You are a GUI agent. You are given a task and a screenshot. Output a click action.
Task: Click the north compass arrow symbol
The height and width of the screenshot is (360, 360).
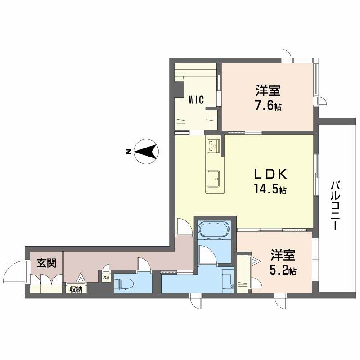(147, 152)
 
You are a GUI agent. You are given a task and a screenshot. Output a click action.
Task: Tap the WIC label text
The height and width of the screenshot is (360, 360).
(196, 100)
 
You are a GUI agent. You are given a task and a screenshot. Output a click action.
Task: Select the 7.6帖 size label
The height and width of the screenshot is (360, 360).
(269, 107)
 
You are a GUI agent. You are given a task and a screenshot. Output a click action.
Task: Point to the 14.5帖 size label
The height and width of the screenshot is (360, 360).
(269, 190)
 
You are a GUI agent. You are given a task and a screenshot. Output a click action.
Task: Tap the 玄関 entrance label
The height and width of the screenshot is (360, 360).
(44, 263)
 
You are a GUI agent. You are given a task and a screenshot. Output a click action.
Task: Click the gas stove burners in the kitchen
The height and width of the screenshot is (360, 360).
(212, 145)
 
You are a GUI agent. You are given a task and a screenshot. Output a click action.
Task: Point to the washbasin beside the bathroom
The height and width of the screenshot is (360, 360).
(227, 279)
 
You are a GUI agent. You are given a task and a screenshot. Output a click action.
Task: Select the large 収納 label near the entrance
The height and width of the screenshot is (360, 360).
(76, 289)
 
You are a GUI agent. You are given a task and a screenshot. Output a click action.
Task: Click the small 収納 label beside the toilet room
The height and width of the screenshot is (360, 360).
(106, 278)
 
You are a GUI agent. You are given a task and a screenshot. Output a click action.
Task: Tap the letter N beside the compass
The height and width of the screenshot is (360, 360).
(128, 152)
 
